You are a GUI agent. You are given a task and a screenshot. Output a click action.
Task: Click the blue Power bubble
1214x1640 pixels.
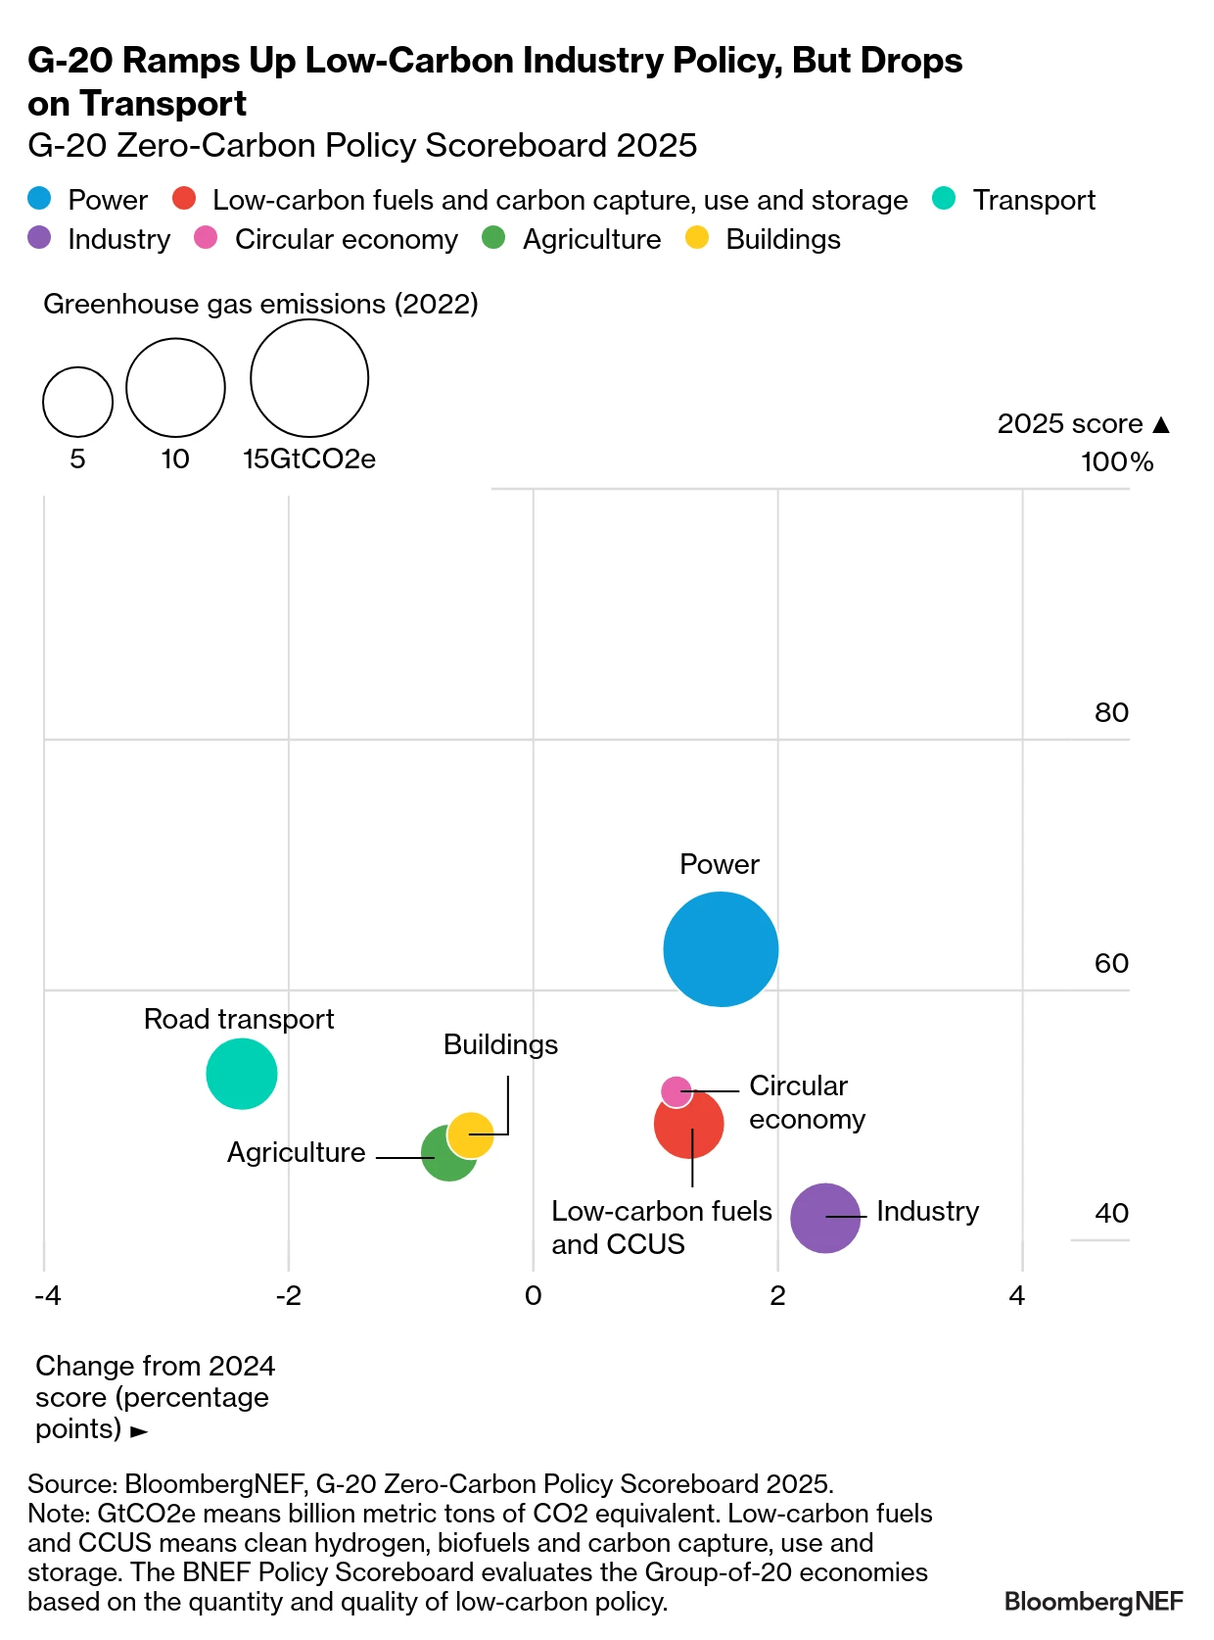[721, 948]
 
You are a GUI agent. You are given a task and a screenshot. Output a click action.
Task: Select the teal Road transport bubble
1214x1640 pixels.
[242, 1074]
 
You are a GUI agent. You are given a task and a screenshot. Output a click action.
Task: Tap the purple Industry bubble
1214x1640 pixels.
[824, 1218]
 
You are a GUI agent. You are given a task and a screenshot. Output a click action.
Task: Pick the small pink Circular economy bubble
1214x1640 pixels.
[676, 1089]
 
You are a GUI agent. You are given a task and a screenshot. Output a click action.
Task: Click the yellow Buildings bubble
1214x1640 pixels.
[471, 1134]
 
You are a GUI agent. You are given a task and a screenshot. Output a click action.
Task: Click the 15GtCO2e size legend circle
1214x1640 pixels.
[309, 378]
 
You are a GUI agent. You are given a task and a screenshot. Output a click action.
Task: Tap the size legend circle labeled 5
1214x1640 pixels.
[77, 402]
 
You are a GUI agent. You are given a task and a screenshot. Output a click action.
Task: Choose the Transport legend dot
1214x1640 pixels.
[943, 199]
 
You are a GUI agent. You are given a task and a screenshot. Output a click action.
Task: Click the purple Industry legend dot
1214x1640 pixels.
[39, 238]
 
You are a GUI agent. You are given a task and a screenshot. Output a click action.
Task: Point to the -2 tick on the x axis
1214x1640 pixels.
[288, 1296]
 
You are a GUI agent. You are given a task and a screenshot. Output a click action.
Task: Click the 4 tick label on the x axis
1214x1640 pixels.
[1017, 1296]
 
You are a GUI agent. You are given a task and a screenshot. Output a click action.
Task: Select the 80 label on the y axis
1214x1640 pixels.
[1111, 712]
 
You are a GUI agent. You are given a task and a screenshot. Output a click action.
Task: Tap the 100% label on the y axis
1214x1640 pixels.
[1116, 462]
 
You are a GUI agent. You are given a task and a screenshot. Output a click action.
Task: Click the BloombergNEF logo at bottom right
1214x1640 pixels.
[1093, 1601]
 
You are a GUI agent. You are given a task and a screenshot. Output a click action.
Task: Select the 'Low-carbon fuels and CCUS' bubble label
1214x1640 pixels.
[661, 1227]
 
